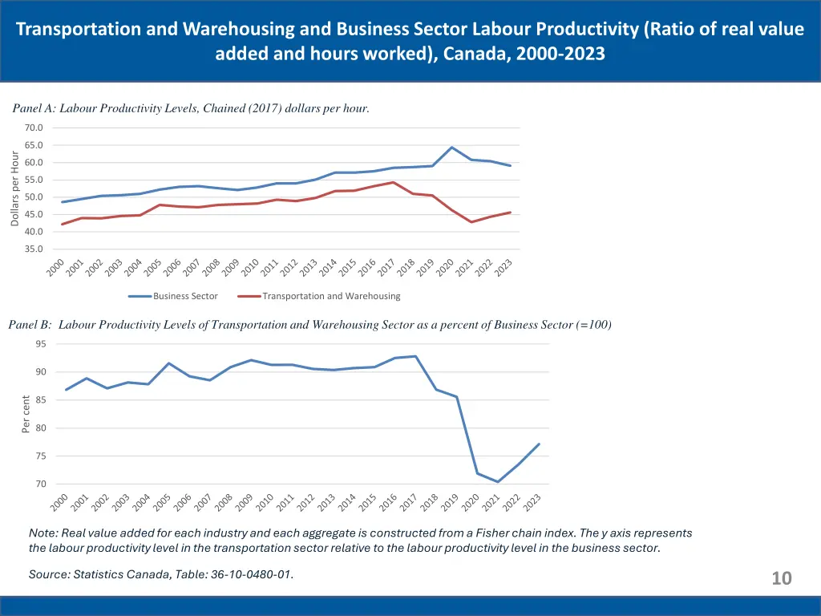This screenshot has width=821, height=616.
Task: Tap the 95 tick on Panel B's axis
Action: pyautogui.click(x=41, y=344)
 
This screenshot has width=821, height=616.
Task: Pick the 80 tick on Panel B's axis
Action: pyautogui.click(x=41, y=428)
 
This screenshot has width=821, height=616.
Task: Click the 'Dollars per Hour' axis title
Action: pyautogui.click(x=15, y=188)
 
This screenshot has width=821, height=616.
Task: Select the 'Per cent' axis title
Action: pyautogui.click(x=26, y=414)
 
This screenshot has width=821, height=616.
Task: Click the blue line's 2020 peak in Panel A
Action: pyautogui.click(x=452, y=148)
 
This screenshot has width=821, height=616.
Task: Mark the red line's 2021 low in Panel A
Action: pyautogui.click(x=471, y=222)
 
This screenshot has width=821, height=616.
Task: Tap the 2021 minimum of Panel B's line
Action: pyautogui.click(x=498, y=482)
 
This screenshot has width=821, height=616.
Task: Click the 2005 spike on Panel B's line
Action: pyautogui.click(x=169, y=363)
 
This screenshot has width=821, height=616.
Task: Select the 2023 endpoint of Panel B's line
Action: pyautogui.click(x=539, y=444)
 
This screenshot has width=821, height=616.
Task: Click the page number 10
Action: pyautogui.click(x=781, y=578)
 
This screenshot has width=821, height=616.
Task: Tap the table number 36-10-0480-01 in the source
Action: pyautogui.click(x=241, y=573)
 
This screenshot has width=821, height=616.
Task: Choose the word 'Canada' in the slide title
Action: pyautogui.click(x=473, y=55)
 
